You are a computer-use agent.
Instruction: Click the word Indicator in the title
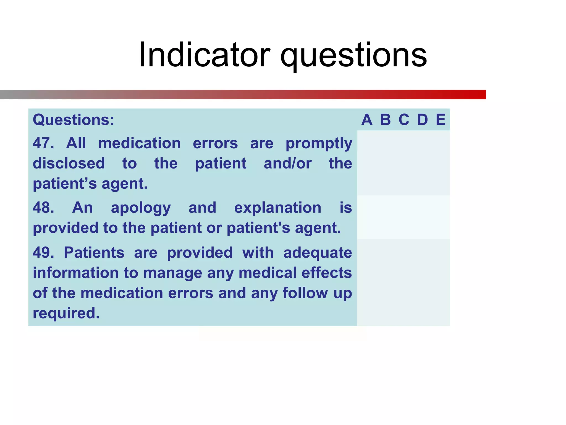point(204,55)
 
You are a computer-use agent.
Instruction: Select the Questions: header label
point(74,120)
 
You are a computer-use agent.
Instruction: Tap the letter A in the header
point(367,120)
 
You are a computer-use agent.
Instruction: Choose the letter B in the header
point(385,120)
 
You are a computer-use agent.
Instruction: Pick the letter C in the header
point(404,120)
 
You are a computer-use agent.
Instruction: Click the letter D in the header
point(422,120)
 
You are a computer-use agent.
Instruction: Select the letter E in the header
point(441,120)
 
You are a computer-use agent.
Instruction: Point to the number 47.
point(43,143)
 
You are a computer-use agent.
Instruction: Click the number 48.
point(43,208)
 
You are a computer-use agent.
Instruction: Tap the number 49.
point(43,253)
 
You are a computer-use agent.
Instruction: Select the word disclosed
point(69,163)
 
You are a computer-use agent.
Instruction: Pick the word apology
point(141,208)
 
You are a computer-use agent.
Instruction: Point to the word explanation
point(277,208)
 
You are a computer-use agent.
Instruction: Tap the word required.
point(66,313)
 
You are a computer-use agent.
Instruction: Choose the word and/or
point(287,163)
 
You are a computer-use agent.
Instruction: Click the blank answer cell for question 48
point(403,217)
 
